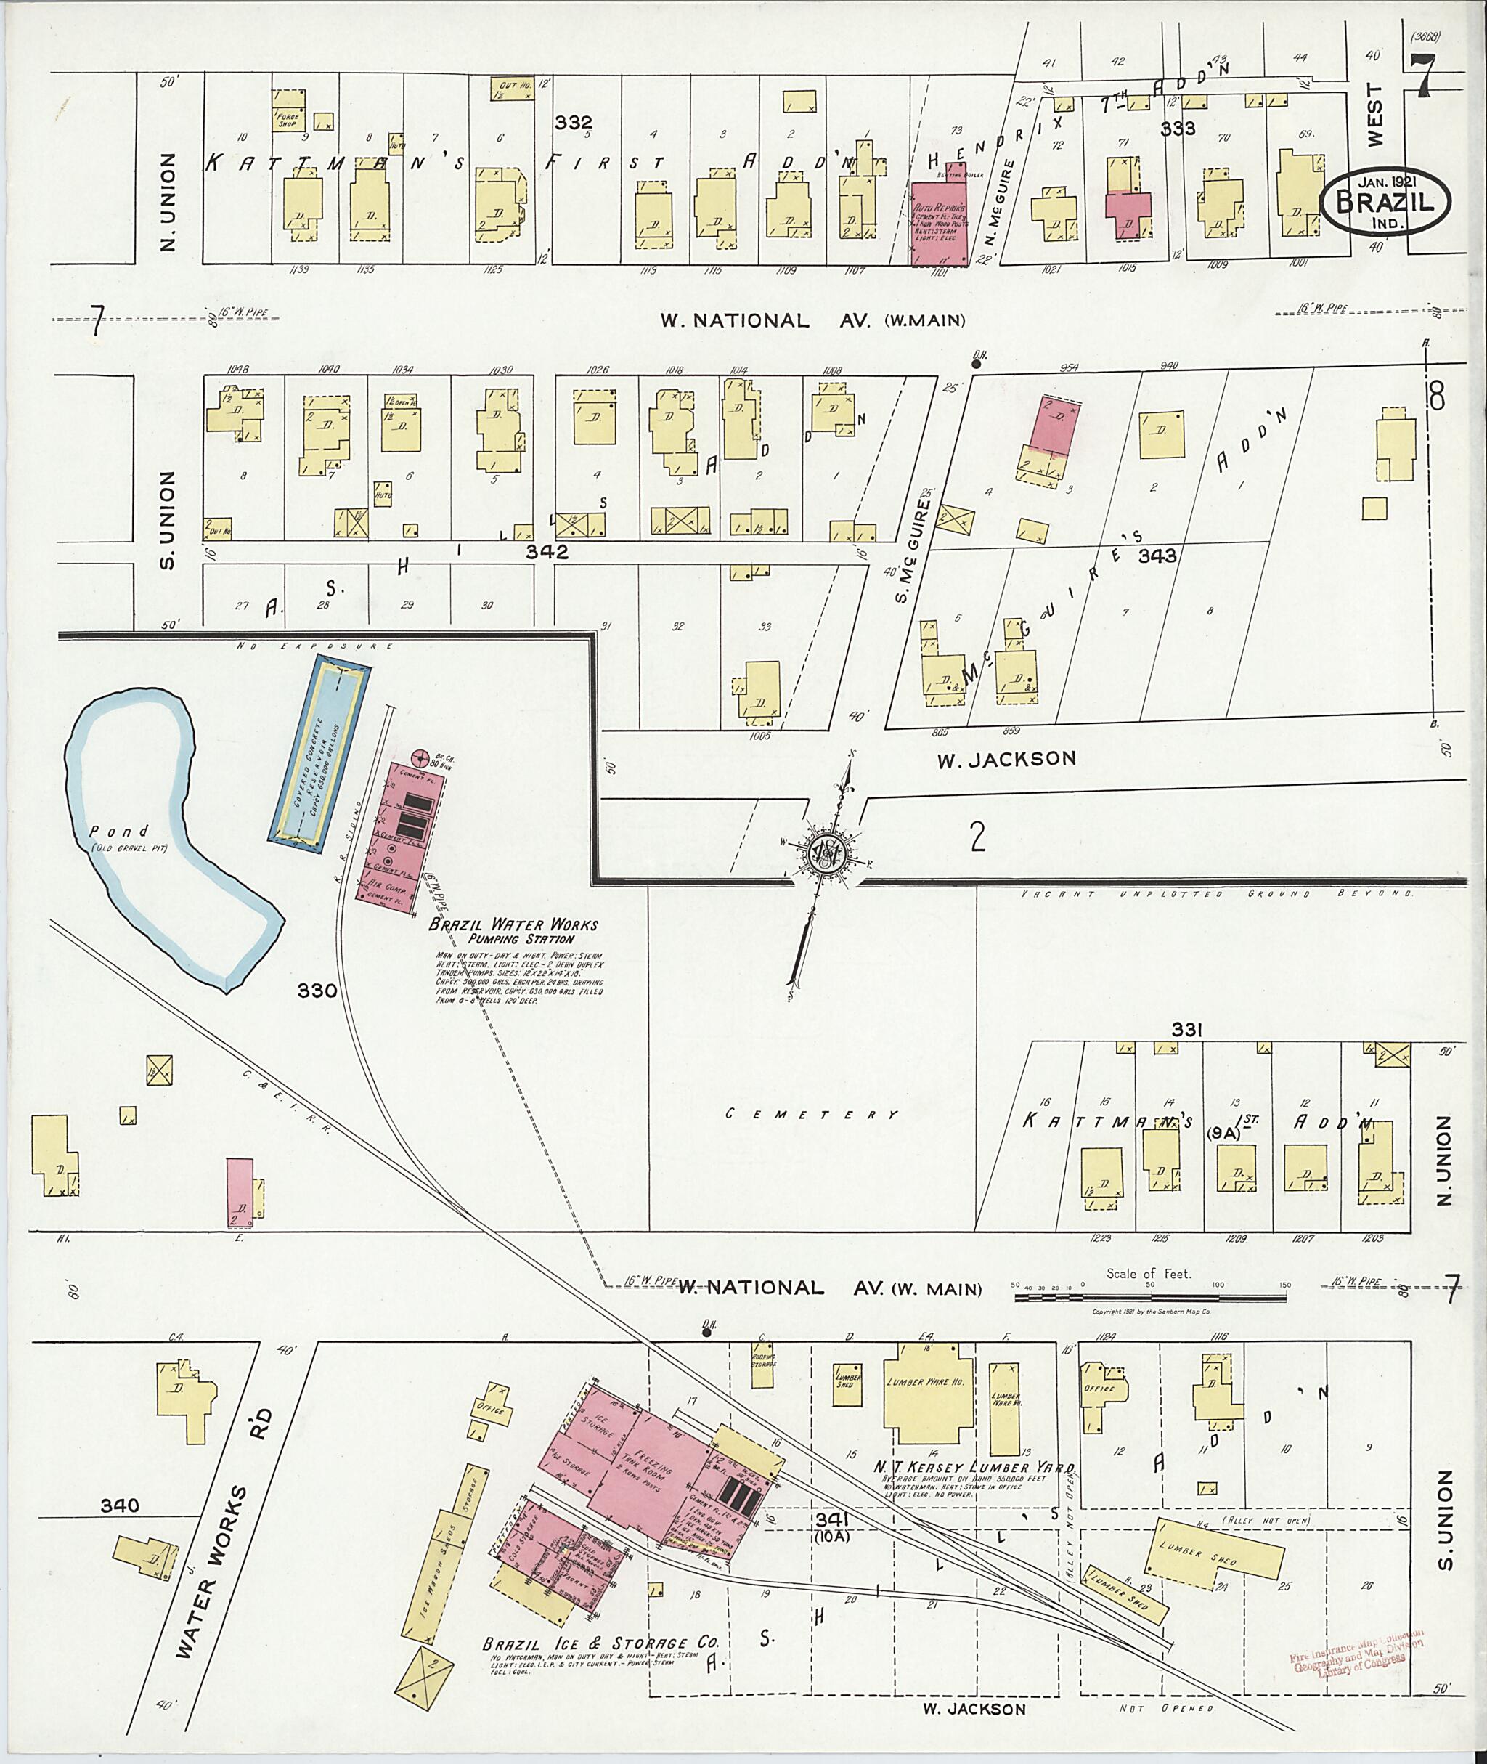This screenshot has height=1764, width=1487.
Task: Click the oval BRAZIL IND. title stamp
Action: click(1386, 203)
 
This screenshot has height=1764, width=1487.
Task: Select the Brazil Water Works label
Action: click(513, 925)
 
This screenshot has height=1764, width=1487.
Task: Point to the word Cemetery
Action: click(812, 1115)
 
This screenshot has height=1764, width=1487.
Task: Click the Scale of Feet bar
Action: click(1150, 1298)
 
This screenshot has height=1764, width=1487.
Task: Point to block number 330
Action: click(317, 991)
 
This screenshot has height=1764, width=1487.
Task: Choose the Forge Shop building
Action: click(288, 119)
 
